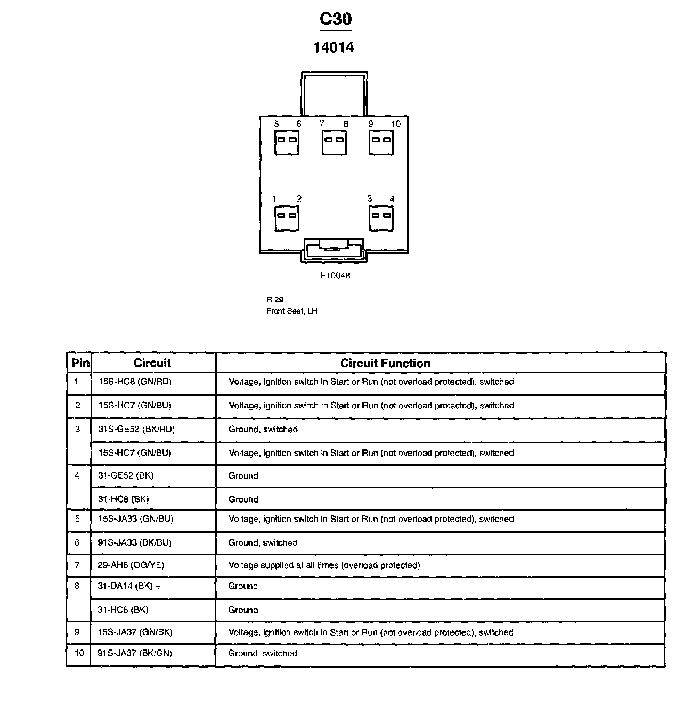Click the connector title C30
335,19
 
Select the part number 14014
334,47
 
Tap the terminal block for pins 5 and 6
287,142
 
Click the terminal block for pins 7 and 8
334,142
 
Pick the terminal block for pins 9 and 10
381,142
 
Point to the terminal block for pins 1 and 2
287,218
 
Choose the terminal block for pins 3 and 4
381,218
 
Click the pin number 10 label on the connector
395,124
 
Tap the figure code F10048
335,276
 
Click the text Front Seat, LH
292,311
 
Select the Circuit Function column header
385,364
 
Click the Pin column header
80,364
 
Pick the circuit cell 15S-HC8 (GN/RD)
135,382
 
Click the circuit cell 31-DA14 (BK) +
129,586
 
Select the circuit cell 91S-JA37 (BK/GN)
135,653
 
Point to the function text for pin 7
324,565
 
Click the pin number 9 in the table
78,632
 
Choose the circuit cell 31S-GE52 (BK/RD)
136,429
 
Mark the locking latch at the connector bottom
334,250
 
